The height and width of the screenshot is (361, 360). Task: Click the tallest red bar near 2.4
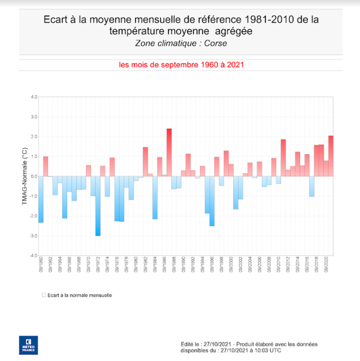(x=169, y=152)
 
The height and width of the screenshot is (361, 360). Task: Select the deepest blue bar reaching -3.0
(x=98, y=206)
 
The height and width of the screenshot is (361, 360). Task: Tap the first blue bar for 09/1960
(x=41, y=199)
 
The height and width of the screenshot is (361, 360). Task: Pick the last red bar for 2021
(x=331, y=156)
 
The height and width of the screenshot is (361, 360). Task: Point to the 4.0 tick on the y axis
(x=33, y=97)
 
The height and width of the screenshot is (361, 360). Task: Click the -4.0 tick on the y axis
(x=33, y=256)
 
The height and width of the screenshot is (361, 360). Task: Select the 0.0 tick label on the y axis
(x=33, y=176)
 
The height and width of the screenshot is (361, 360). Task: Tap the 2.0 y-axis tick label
(x=33, y=137)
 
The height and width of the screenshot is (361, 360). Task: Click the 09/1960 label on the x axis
(x=41, y=265)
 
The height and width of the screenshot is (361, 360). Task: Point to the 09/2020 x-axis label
(x=326, y=265)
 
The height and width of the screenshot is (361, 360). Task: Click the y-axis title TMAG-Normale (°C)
(x=25, y=176)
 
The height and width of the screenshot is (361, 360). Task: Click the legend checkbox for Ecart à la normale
(x=43, y=295)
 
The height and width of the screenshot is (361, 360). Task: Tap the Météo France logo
(x=28, y=344)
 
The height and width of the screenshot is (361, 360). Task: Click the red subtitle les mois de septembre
(x=181, y=65)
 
